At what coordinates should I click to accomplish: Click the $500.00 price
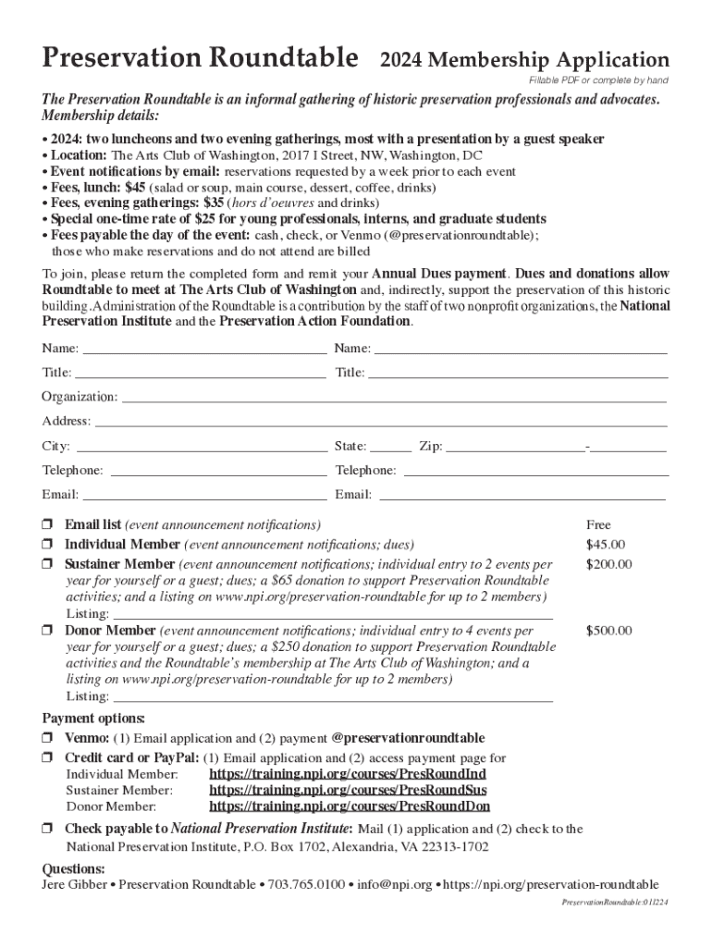(x=608, y=632)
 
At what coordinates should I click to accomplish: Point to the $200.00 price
(x=608, y=564)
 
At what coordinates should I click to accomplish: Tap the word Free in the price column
(x=599, y=525)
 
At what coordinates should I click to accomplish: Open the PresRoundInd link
(x=348, y=774)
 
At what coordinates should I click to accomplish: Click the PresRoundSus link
(x=349, y=791)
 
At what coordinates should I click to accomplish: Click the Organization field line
(x=394, y=400)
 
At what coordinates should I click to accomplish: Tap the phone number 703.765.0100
(x=306, y=885)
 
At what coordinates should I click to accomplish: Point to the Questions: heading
(x=74, y=869)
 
